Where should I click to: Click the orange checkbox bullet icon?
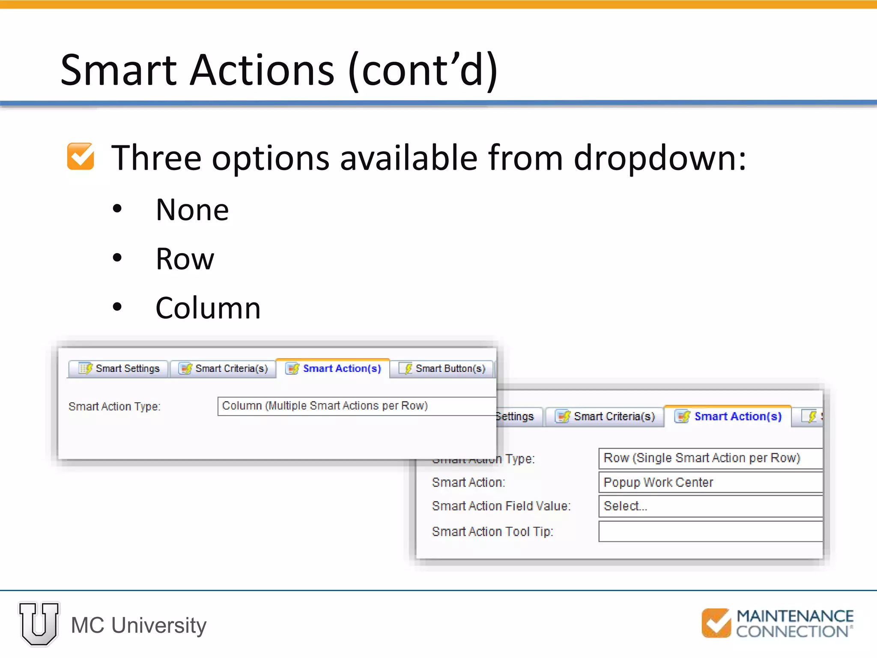(81, 156)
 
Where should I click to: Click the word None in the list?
(192, 210)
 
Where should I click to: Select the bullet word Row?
(185, 259)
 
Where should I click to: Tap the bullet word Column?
(208, 308)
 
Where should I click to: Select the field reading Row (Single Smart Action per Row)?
(710, 458)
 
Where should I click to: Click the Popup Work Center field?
(710, 482)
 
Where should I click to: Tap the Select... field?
(710, 506)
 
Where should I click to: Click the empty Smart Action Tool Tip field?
(710, 532)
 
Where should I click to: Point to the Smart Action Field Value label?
(501, 506)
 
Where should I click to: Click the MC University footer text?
(139, 625)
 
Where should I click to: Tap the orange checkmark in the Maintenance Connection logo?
(716, 623)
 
